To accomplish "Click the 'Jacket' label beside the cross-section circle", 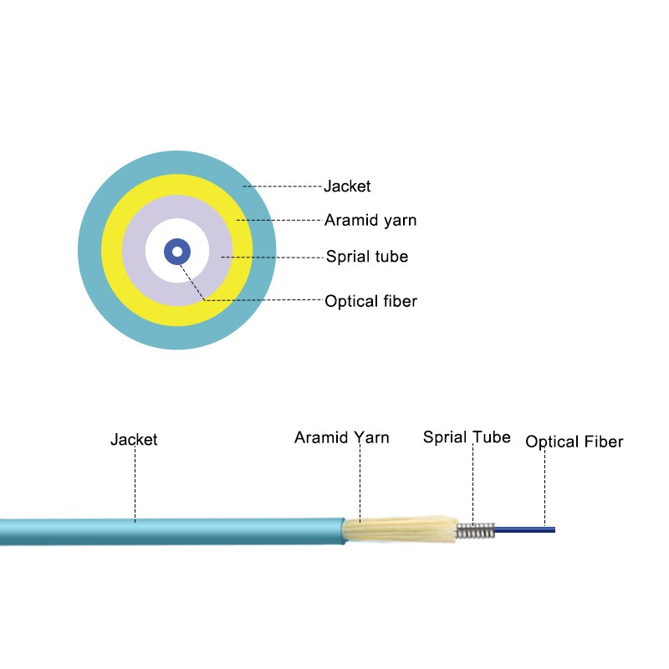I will click(347, 186).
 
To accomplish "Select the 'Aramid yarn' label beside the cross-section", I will click(370, 221).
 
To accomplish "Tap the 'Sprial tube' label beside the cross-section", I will click(367, 256).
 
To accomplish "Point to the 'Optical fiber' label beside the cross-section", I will click(370, 301).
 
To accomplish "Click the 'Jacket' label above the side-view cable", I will click(134, 439).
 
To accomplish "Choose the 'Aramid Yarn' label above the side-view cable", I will click(341, 437).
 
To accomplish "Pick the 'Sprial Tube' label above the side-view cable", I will click(467, 437).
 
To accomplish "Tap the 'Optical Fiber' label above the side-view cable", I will click(575, 442).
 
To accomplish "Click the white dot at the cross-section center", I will click(177, 252).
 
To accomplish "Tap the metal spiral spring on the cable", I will click(474, 530).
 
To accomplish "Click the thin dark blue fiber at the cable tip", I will click(527, 528).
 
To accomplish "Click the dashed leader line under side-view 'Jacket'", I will click(135, 485).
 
